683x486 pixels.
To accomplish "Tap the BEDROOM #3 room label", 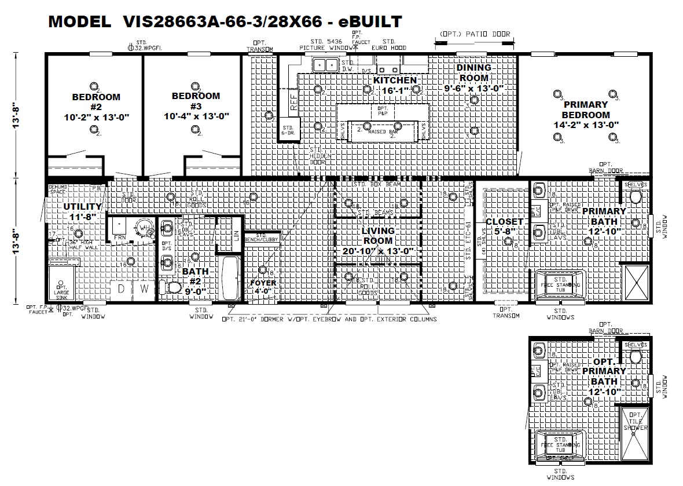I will [x=196, y=105].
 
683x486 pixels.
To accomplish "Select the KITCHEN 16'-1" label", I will [x=395, y=85].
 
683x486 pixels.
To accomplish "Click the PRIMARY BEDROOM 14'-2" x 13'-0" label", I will [x=585, y=115].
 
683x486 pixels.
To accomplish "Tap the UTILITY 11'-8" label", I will [x=82, y=211].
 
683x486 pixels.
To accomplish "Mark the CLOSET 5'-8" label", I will [x=505, y=226].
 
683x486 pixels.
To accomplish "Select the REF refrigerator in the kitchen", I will [x=294, y=103].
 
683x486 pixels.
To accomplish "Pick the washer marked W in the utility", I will [x=145, y=288].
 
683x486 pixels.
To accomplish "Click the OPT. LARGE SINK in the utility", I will [x=61, y=289].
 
